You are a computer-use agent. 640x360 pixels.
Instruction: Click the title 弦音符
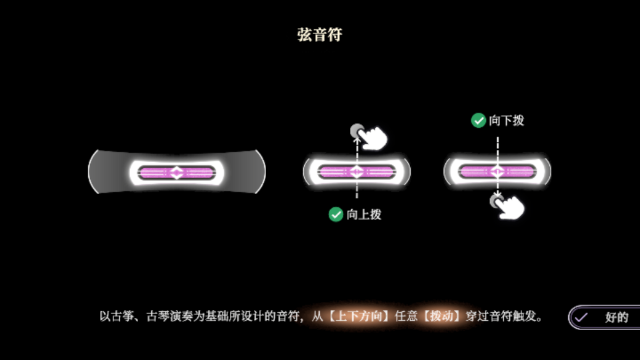[320, 35]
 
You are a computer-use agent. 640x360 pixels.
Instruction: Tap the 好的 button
[604, 317]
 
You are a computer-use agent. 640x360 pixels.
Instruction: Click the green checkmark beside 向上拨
[336, 214]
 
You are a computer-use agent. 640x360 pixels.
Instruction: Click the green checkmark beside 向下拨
[478, 120]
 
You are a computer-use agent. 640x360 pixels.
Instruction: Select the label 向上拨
[364, 215]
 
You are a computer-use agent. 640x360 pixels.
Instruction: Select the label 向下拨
[506, 120]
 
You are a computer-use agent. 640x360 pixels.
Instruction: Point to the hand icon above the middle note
[369, 136]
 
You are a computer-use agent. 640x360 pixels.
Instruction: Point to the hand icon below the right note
[507, 207]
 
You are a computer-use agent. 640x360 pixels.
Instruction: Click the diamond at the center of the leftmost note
[176, 173]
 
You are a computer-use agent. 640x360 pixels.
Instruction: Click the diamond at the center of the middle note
[356, 172]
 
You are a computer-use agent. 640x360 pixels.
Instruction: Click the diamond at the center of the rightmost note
[497, 171]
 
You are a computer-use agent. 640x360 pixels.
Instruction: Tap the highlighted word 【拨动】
[441, 316]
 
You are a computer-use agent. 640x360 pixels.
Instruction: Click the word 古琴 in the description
[158, 316]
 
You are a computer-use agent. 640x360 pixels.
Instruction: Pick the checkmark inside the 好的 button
[581, 317]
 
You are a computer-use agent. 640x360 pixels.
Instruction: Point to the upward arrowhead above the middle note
[357, 139]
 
